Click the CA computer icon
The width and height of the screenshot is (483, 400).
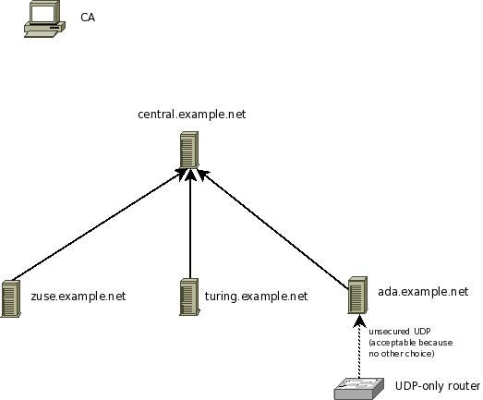44,19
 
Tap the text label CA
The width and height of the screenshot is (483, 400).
88,18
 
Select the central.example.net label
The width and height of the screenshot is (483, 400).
191,115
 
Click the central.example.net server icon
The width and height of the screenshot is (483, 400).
188,150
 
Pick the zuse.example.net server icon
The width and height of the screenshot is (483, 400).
11,298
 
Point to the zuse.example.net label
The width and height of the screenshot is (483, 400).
78,297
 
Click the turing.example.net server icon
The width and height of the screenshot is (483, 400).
189,297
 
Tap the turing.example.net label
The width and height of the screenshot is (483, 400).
257,297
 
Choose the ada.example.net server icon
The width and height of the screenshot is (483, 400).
357,295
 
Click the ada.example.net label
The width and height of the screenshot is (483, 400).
423,292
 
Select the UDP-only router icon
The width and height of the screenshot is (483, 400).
359,389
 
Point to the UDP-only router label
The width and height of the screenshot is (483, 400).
438,386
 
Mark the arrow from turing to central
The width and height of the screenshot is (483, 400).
190,224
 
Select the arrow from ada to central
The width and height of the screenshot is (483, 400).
273,229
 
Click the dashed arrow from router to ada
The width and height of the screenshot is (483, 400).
359,346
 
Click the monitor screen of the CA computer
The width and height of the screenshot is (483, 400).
43,14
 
